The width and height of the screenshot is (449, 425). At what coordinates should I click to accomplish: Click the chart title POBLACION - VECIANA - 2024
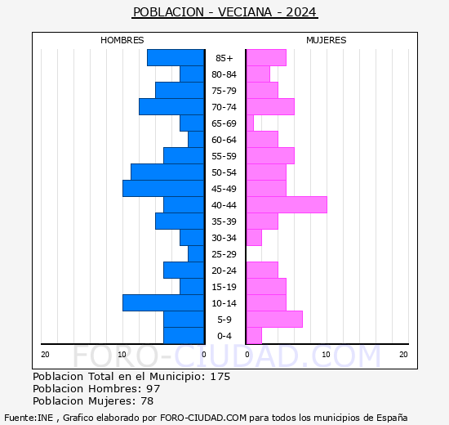224,12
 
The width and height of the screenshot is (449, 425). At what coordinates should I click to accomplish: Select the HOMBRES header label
122,40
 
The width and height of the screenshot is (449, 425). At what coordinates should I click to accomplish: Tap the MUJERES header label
326,40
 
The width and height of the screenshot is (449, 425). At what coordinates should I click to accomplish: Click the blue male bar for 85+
176,58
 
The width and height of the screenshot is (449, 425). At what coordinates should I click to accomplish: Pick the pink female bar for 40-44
286,205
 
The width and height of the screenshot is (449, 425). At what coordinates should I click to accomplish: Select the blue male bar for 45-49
163,189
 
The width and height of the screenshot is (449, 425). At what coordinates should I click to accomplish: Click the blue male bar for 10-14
163,303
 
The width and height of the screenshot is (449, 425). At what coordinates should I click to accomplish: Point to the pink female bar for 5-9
273,320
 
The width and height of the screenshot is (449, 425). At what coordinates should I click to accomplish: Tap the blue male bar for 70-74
171,107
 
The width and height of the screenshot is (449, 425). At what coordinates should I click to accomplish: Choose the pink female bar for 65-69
249,123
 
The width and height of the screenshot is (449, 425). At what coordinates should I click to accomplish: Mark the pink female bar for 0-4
253,336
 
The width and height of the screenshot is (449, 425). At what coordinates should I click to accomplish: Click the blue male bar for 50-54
167,172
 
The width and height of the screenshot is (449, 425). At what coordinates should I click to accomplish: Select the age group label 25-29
224,254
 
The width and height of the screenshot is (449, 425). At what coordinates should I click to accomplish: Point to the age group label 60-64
224,140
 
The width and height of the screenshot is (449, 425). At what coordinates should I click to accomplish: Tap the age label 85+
224,58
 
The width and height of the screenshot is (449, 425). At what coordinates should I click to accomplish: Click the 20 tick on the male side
45,354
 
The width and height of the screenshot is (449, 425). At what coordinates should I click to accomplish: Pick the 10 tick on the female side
325,354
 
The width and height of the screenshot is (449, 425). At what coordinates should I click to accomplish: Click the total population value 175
220,377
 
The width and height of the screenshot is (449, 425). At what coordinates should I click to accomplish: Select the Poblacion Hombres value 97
153,389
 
